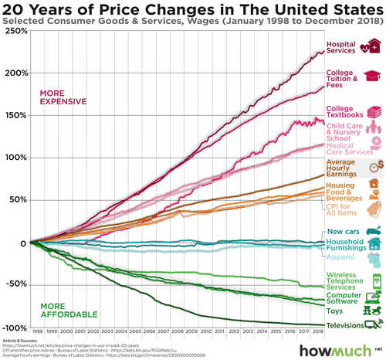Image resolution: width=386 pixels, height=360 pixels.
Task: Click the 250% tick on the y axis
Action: tap(15, 32)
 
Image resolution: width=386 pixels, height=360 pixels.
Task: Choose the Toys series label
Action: tap(335, 311)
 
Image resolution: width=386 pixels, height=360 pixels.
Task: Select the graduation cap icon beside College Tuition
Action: tap(373, 76)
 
